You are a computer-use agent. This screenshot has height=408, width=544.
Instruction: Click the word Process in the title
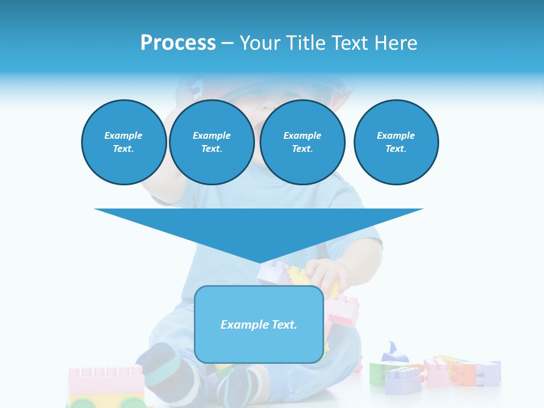pos(178,43)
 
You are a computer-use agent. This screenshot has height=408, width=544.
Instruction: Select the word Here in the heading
pos(394,43)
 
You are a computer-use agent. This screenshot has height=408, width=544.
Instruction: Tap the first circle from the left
pos(124,142)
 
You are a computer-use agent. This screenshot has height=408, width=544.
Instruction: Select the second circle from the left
pos(211,142)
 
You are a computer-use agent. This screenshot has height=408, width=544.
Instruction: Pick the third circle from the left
pos(302,142)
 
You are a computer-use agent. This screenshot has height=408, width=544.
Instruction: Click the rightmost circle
pos(396,142)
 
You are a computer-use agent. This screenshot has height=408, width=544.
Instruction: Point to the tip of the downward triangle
pos(259,263)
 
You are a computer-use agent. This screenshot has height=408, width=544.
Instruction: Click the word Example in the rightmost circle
pos(396,135)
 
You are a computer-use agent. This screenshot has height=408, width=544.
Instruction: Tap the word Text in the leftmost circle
pos(124,149)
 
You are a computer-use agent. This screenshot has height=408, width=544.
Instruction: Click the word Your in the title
pos(258,43)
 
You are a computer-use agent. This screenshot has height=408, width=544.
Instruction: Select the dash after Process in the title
pos(227,43)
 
